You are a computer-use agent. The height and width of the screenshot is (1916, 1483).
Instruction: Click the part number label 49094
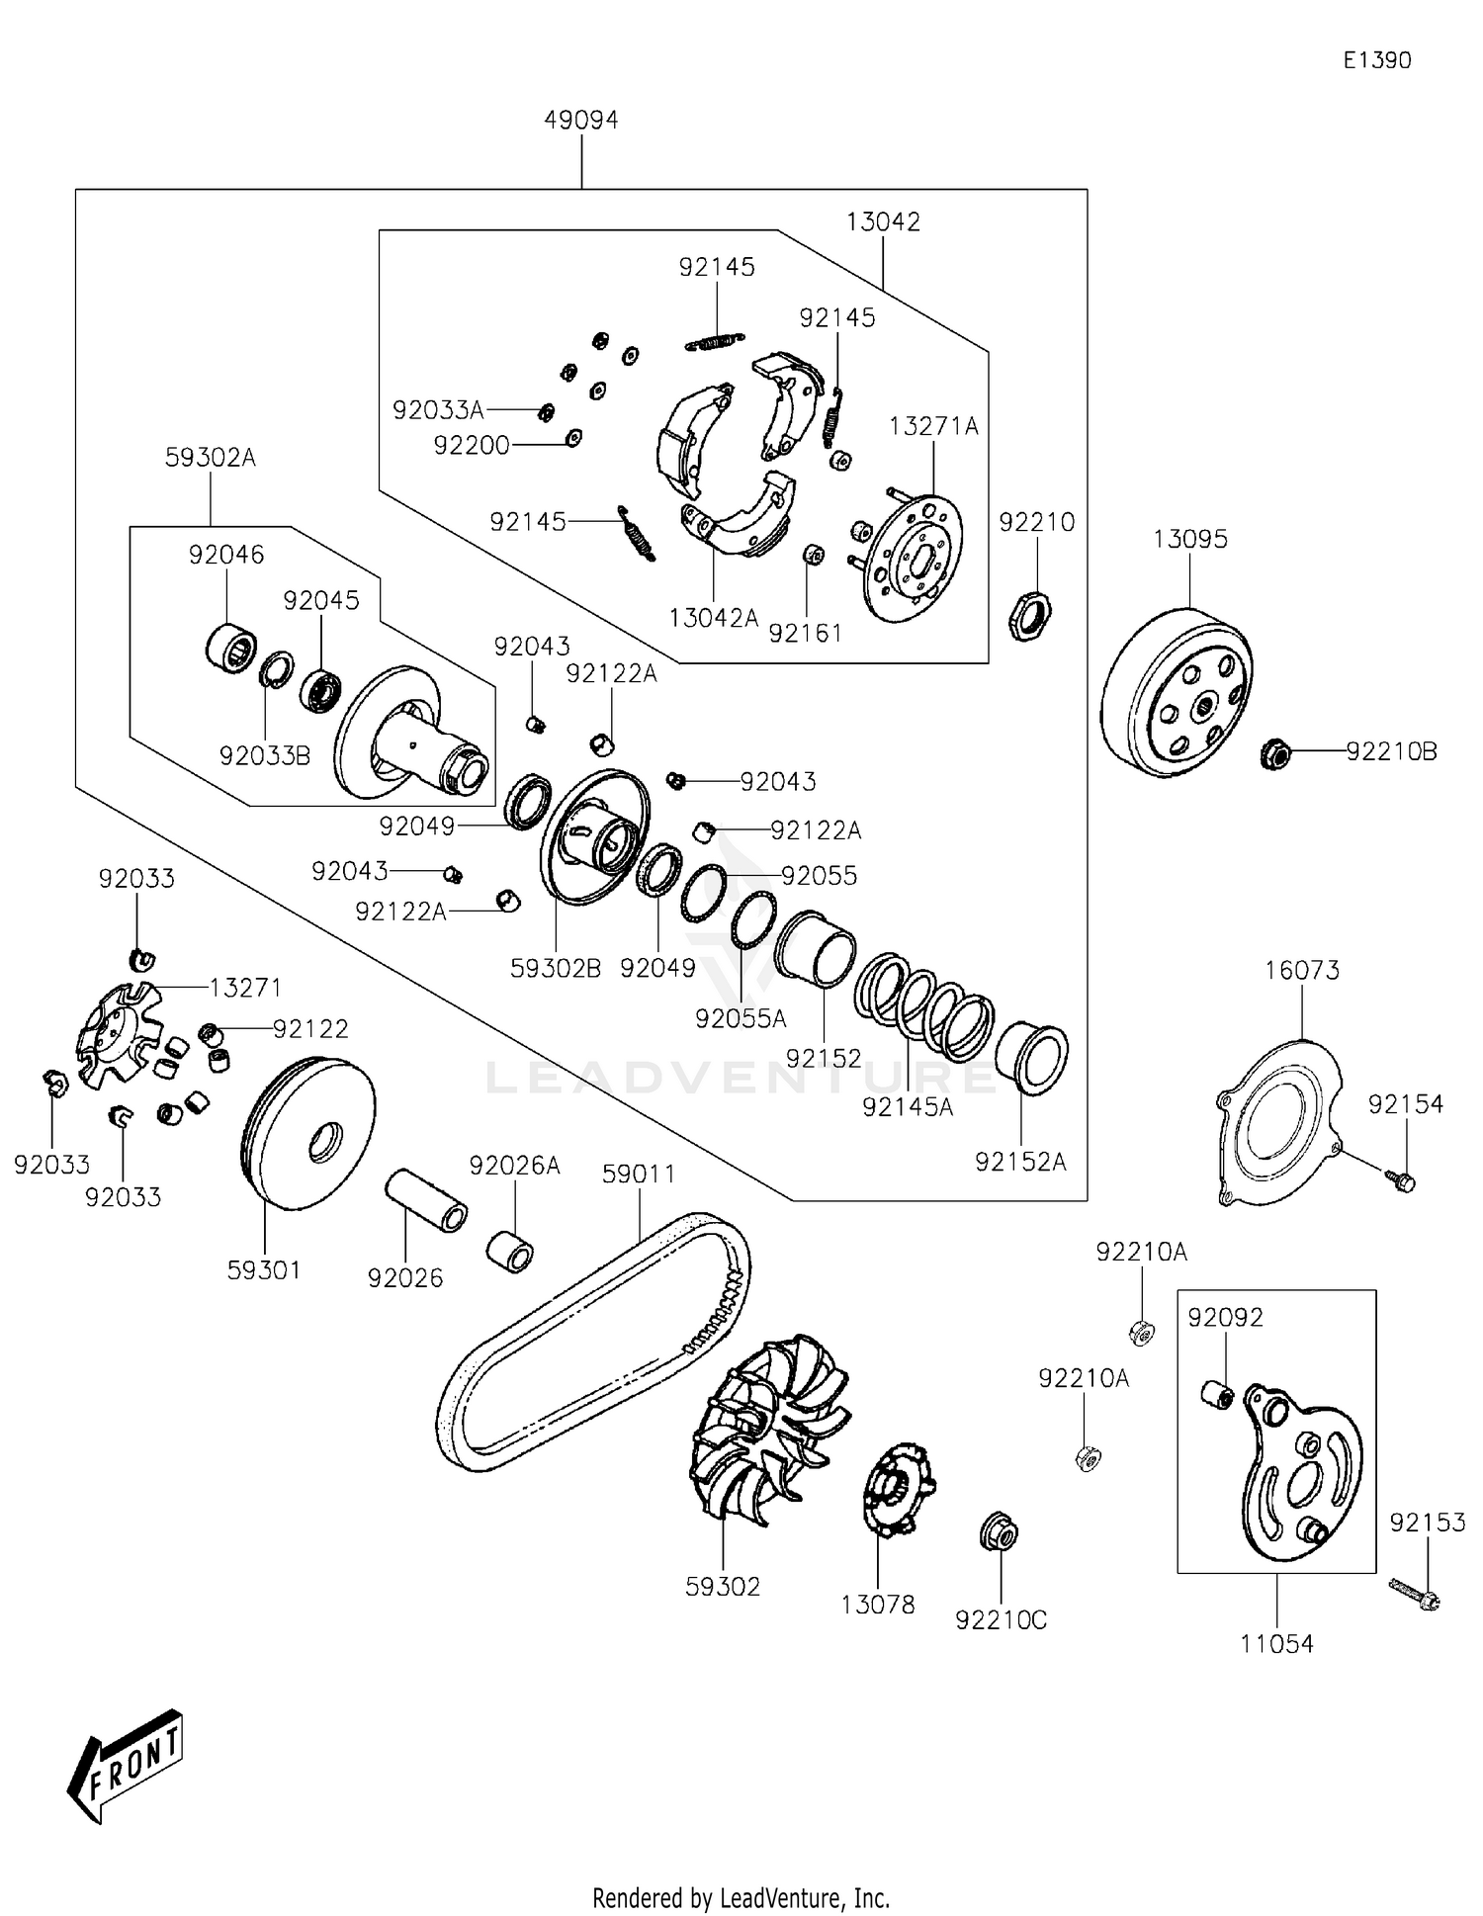tap(580, 120)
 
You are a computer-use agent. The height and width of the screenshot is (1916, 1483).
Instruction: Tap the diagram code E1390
tap(1376, 60)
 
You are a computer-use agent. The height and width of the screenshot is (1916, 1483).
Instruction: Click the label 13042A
tap(713, 618)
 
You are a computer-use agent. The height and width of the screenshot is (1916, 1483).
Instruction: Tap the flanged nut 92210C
tap(998, 1532)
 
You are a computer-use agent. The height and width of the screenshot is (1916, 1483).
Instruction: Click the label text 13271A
tap(933, 426)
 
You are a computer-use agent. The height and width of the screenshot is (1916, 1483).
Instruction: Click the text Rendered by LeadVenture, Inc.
tap(741, 1897)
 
